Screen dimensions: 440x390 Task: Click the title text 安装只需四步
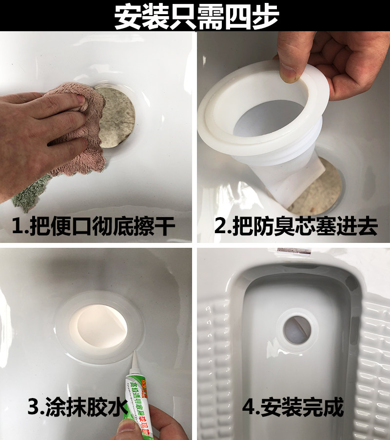195,17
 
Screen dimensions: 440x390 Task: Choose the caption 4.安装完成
293,407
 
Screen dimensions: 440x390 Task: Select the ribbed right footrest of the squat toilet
375,351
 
